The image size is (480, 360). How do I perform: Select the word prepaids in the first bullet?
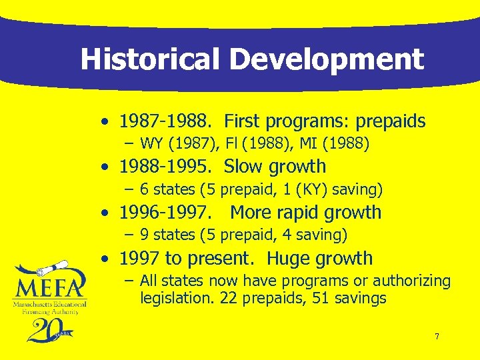390,121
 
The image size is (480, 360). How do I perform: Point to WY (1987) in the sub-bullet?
173,143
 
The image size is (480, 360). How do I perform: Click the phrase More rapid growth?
305,213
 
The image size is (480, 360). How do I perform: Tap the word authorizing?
412,281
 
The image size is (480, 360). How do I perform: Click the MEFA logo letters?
49,287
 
